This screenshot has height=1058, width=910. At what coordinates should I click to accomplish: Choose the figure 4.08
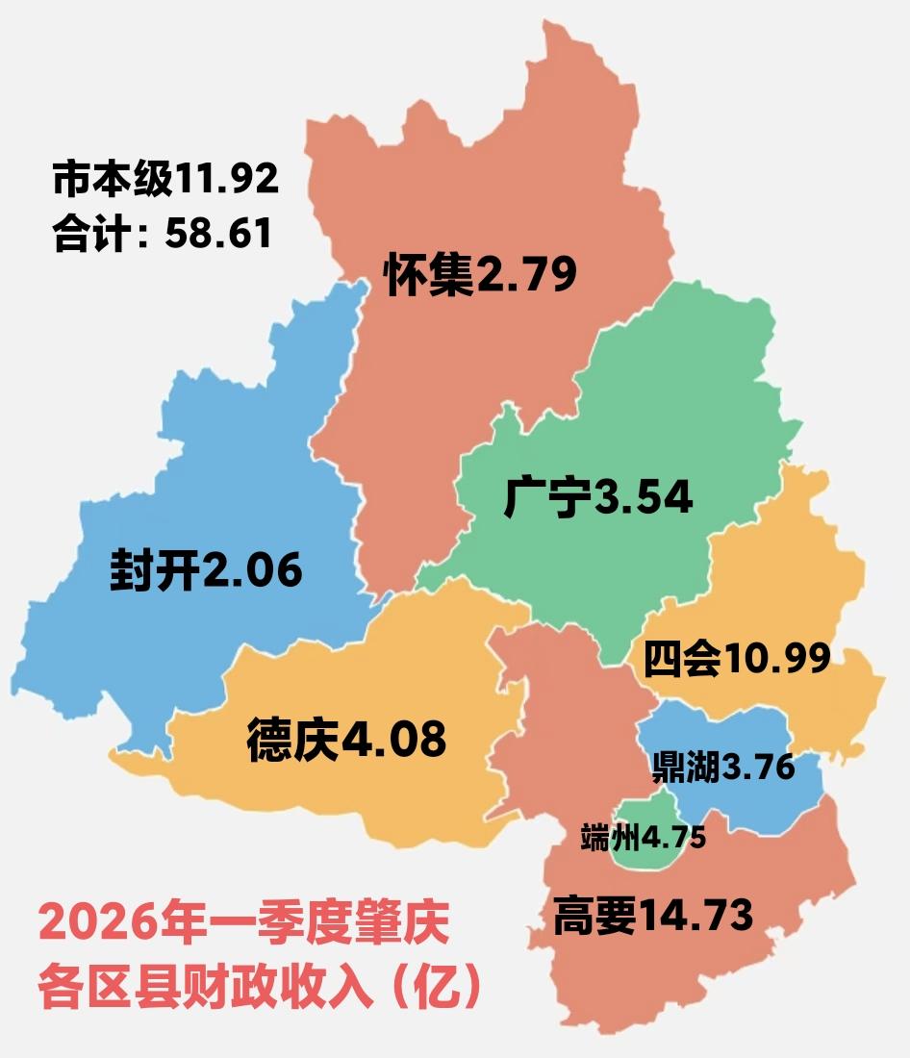(392, 741)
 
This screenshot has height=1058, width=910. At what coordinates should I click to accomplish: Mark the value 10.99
(777, 659)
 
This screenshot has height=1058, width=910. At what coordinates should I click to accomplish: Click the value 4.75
(674, 838)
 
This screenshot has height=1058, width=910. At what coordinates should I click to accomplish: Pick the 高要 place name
(594, 917)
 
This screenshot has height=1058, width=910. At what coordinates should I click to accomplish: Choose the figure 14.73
(695, 916)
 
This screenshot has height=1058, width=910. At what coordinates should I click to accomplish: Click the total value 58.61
(217, 234)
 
